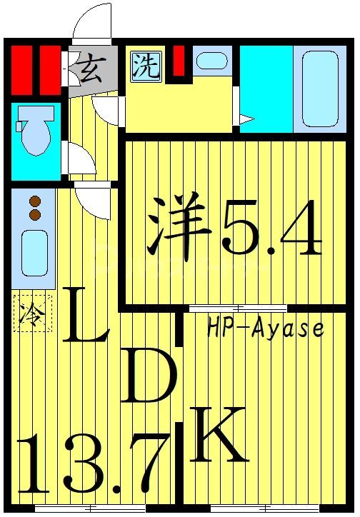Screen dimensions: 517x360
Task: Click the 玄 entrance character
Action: click(x=89, y=71)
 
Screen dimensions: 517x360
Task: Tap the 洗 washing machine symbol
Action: click(x=146, y=66)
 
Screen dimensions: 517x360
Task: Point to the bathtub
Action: click(x=319, y=90)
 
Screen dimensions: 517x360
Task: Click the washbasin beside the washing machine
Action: click(x=211, y=61)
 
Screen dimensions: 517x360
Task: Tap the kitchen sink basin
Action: click(x=33, y=254)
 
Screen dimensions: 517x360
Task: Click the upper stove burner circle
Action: click(x=33, y=201)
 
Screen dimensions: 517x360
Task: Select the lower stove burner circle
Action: click(x=33, y=214)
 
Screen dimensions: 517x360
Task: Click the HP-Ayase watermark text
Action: click(x=265, y=329)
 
